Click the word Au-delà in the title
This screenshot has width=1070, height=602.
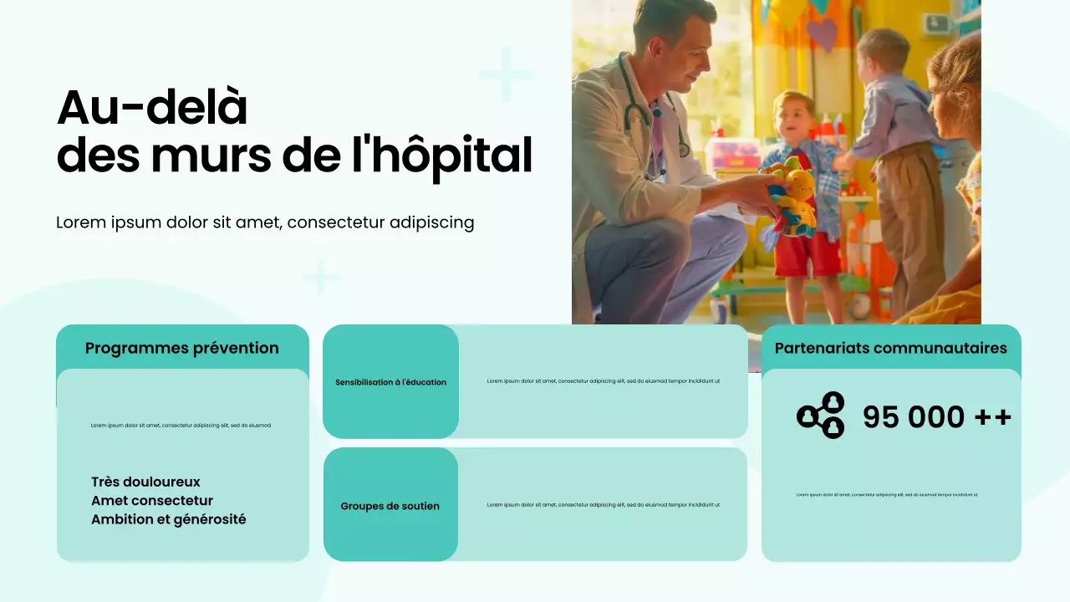(x=152, y=108)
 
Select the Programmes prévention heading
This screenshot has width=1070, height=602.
(x=182, y=348)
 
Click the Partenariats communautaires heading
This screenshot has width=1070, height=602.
(x=891, y=348)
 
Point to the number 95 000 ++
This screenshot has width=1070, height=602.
(x=937, y=416)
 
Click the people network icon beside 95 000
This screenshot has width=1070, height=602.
(x=821, y=416)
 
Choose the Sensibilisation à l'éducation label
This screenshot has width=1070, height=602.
(x=390, y=382)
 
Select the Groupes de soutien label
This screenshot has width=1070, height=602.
(x=390, y=506)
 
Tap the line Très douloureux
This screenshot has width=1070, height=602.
(x=145, y=482)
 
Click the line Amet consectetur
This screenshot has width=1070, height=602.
(x=152, y=501)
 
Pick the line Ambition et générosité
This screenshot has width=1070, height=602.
(x=168, y=519)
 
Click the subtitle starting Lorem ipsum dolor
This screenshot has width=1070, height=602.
(x=265, y=222)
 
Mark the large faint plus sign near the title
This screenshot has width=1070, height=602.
(x=506, y=75)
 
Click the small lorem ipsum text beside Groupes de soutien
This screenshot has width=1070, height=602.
(x=603, y=505)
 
